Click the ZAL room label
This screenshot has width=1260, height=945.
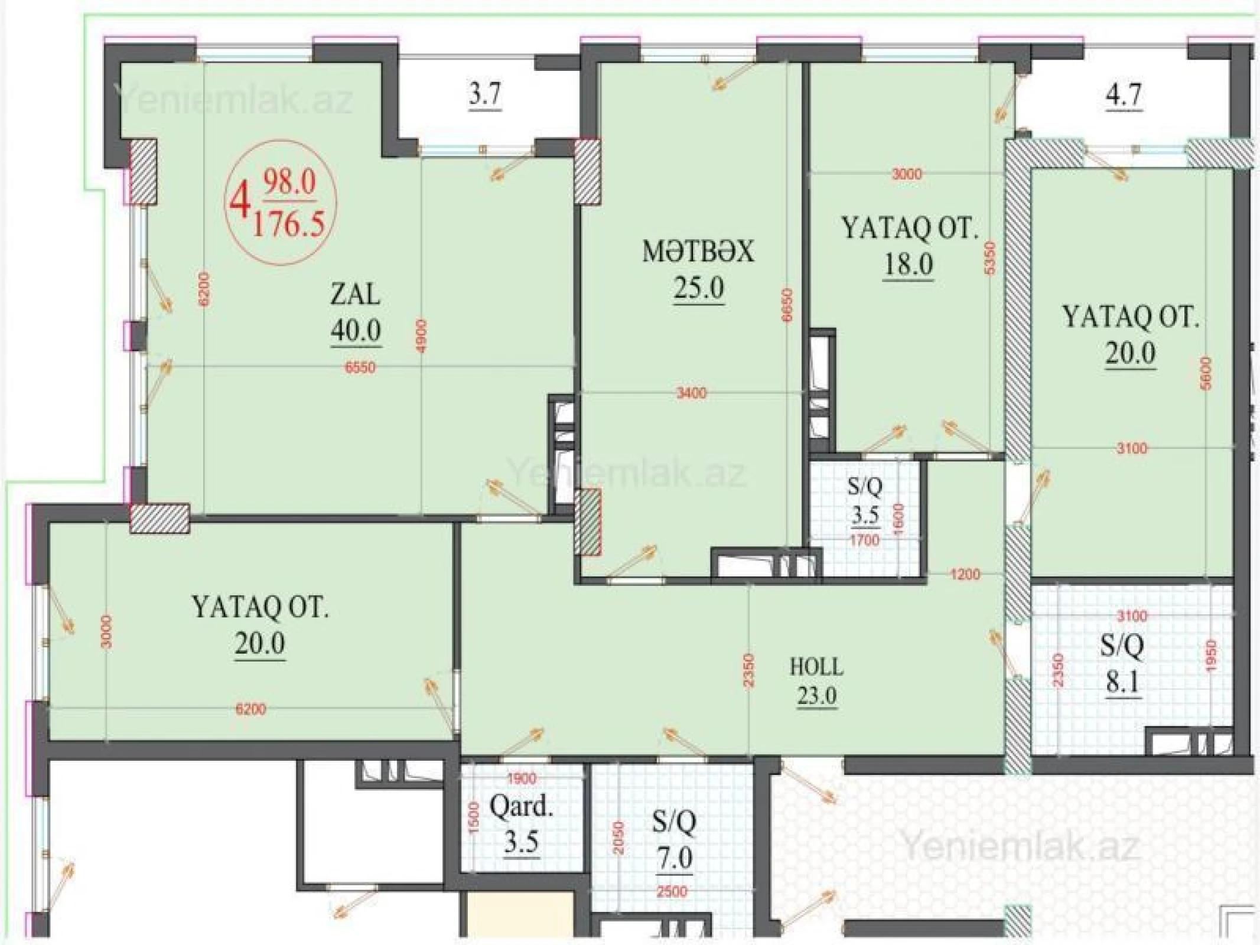pyautogui.click(x=355, y=294)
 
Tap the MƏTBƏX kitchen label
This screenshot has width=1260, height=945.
pyautogui.click(x=698, y=252)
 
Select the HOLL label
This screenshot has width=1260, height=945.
pyautogui.click(x=817, y=667)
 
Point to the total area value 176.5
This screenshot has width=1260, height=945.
pyautogui.click(x=289, y=224)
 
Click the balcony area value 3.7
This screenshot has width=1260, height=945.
pyautogui.click(x=485, y=94)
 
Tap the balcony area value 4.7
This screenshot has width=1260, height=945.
pyautogui.click(x=1124, y=95)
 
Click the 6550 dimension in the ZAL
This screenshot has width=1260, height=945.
pyautogui.click(x=360, y=367)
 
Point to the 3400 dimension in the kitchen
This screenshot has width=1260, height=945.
pyautogui.click(x=691, y=393)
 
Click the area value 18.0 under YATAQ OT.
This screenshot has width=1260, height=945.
pyautogui.click(x=908, y=264)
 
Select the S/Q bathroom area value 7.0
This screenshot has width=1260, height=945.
pyautogui.click(x=675, y=857)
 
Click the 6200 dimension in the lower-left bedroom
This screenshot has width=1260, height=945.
pyautogui.click(x=250, y=709)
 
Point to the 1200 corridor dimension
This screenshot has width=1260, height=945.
pyautogui.click(x=965, y=574)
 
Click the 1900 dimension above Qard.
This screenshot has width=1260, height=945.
pyautogui.click(x=522, y=778)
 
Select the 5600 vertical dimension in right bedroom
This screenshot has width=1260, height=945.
pyautogui.click(x=1206, y=373)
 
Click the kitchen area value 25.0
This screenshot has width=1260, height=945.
pyautogui.click(x=698, y=289)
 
